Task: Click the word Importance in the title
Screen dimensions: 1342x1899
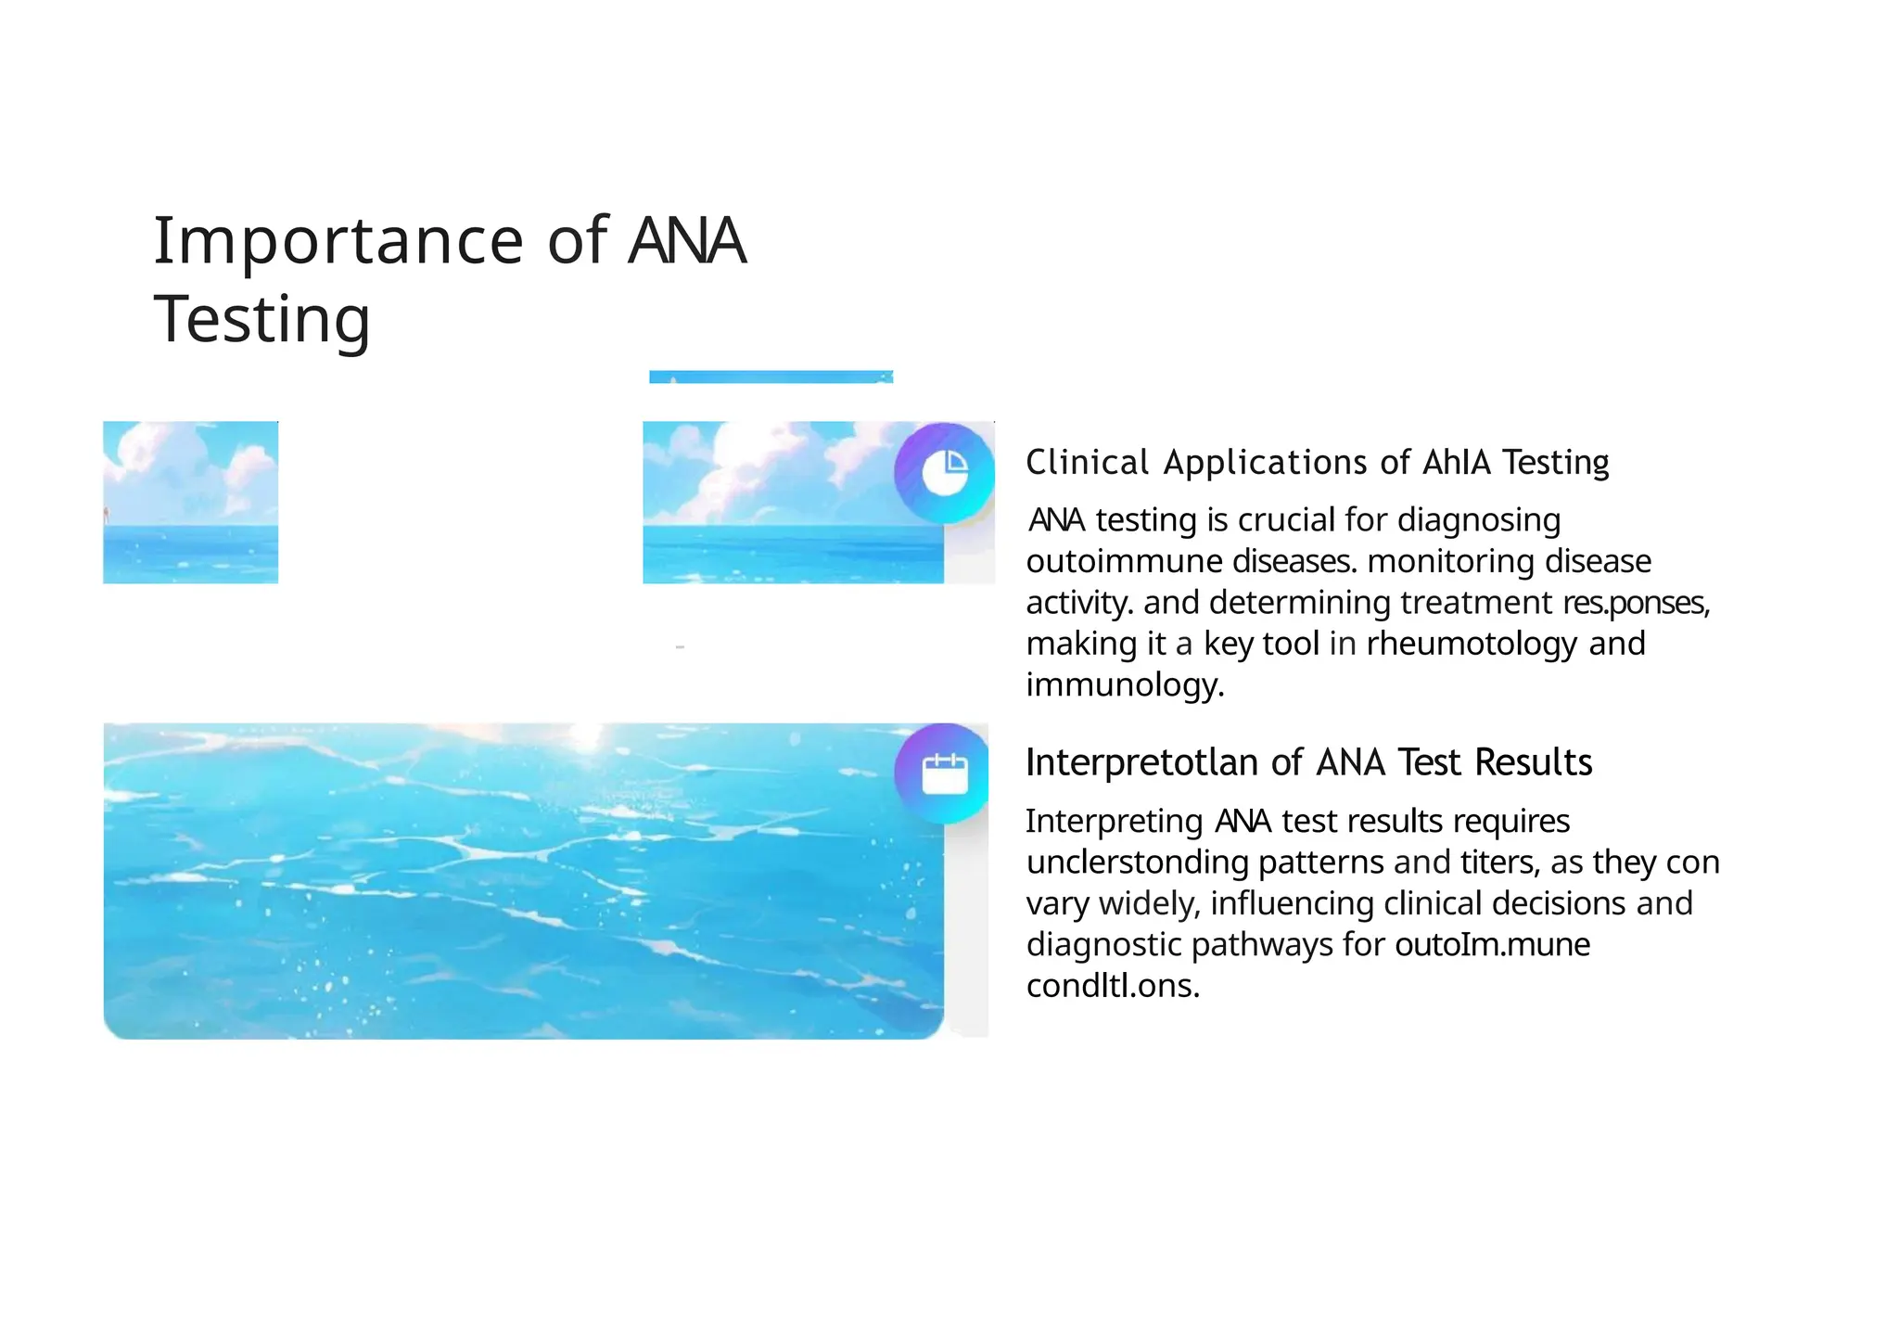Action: pyautogui.click(x=339, y=241)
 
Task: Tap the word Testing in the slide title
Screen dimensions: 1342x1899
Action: pyautogui.click(x=262, y=319)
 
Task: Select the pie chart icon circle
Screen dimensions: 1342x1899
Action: pyautogui.click(x=944, y=473)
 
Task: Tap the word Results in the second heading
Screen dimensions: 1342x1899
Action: pyautogui.click(x=1533, y=762)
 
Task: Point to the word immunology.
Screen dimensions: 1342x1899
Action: pyautogui.click(x=1125, y=685)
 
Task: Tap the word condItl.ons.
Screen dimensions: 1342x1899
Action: pyautogui.click(x=1113, y=986)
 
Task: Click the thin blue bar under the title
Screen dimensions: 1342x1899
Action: pyautogui.click(x=771, y=377)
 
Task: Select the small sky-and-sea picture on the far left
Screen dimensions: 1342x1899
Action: pyautogui.click(x=190, y=502)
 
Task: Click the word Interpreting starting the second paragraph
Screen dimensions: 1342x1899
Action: pyautogui.click(x=1114, y=822)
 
